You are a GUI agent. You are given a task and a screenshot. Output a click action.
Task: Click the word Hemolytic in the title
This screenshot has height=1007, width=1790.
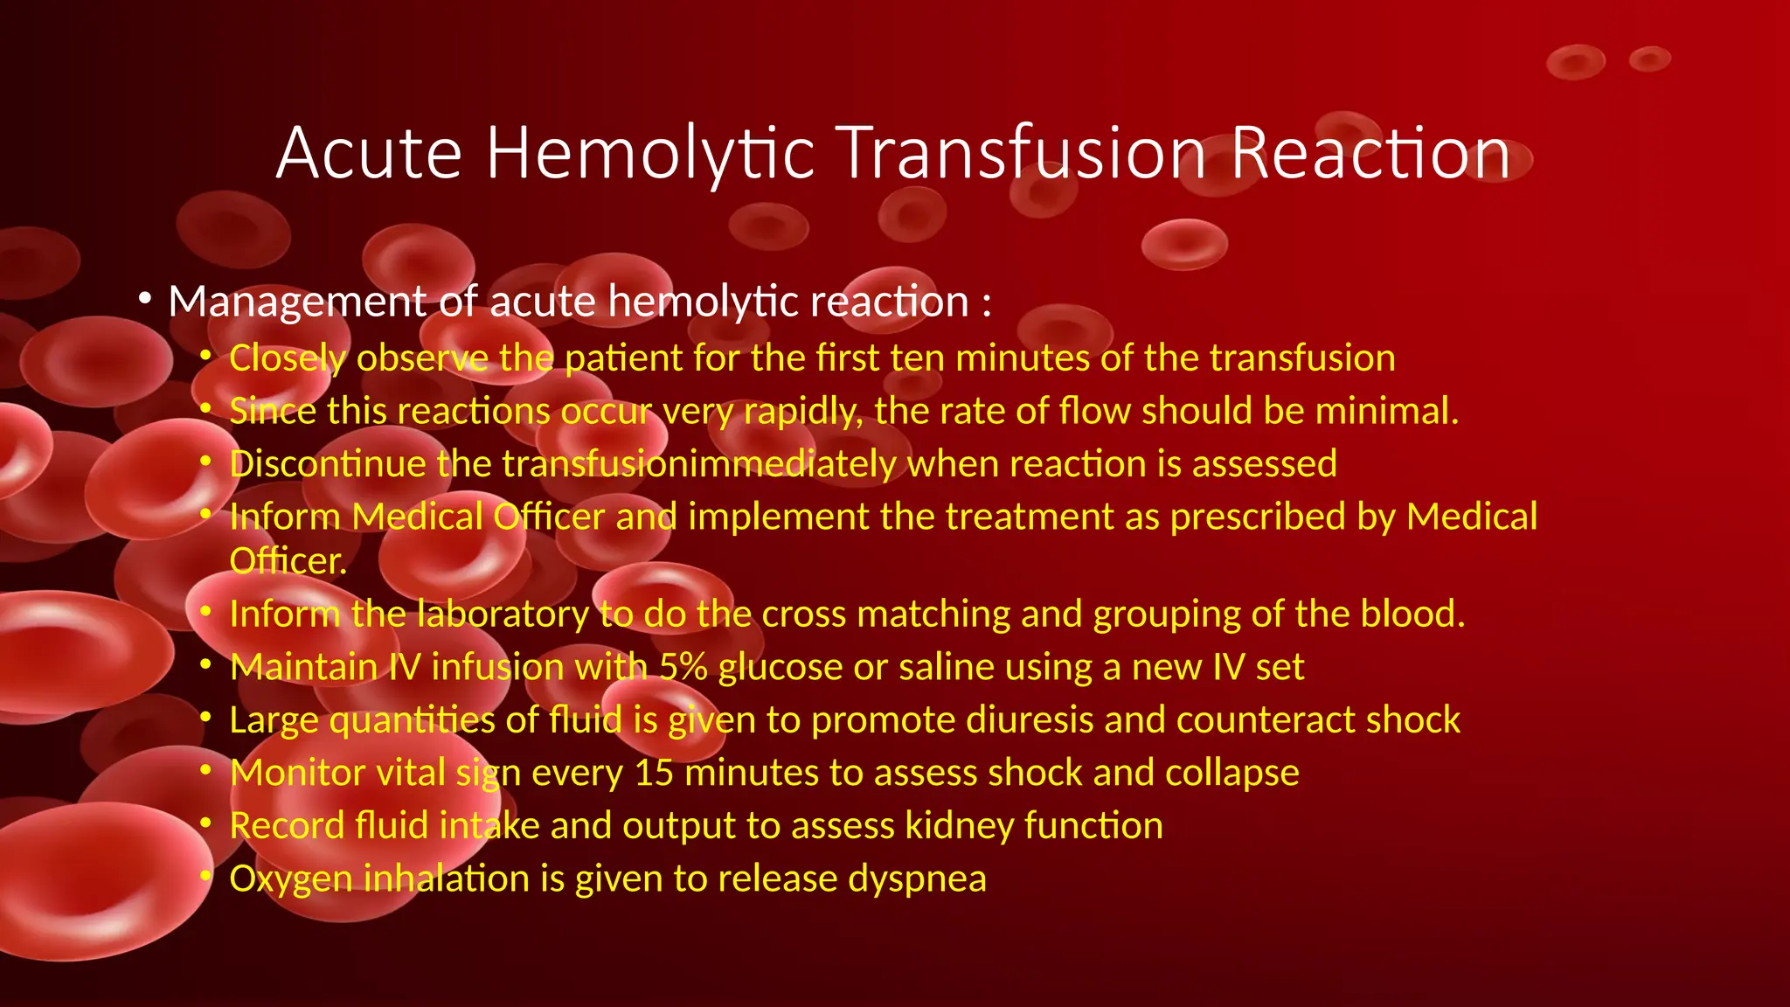650,154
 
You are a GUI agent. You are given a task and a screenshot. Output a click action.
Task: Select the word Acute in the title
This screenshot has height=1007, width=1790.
369,154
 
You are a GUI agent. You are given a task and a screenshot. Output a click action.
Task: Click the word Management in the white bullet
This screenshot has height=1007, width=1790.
296,302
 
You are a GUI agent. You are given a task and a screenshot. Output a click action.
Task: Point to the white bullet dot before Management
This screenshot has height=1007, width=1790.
145,300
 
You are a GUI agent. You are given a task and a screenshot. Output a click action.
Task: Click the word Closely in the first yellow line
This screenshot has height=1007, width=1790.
288,359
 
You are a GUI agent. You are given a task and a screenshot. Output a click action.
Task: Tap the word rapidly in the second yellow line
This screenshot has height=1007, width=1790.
802,412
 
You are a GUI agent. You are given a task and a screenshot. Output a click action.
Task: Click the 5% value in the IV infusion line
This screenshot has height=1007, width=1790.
683,667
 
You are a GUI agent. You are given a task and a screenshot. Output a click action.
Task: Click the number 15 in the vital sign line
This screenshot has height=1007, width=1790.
654,773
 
